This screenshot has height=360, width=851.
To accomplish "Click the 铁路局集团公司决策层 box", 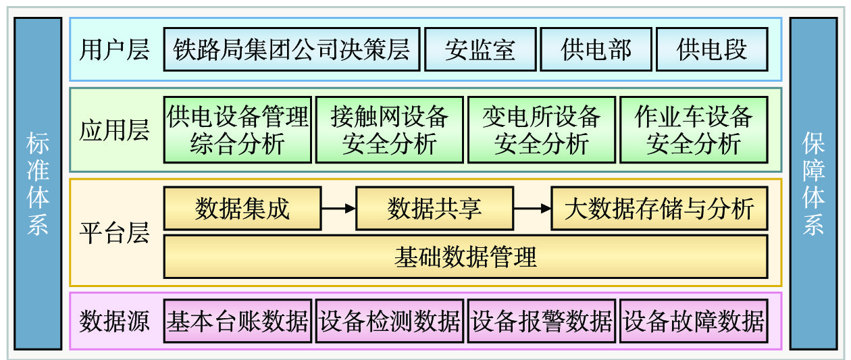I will pos(292,49).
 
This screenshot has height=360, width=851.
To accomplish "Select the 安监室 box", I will pos(480,49).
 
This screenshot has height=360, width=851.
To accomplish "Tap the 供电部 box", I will pos(596,49).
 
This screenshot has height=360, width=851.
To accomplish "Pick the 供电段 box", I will pos(712,49).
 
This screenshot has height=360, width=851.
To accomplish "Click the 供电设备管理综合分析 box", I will pos(238,130).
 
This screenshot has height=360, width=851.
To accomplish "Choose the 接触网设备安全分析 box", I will pos(390,130).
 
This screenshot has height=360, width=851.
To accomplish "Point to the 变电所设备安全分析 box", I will pos(542,130).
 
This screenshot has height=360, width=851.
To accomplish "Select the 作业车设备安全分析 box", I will pos(694,130).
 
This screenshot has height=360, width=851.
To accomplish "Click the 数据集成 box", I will pos(242,209).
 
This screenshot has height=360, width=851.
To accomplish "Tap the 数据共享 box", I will pos(434,209).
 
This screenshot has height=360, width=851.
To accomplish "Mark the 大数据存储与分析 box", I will pos(659,209).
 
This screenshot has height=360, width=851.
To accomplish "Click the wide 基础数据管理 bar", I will pos(465,257).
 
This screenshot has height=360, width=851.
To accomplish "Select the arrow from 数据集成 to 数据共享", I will pos(338,209).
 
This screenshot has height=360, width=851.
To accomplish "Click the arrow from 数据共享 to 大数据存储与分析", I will pos(532,209).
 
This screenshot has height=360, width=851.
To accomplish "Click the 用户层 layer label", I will pos(114,50).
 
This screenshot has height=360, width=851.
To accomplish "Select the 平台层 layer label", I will pos(114,233).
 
